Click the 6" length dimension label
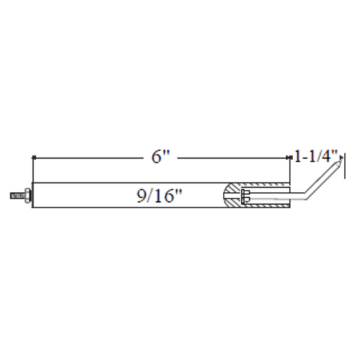(161, 157)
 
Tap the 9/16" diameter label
(159, 196)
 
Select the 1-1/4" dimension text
(315, 156)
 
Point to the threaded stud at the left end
(17, 196)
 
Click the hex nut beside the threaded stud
(27, 196)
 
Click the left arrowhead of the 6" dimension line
(34, 157)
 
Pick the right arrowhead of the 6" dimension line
(288, 157)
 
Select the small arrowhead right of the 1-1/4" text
(341, 157)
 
